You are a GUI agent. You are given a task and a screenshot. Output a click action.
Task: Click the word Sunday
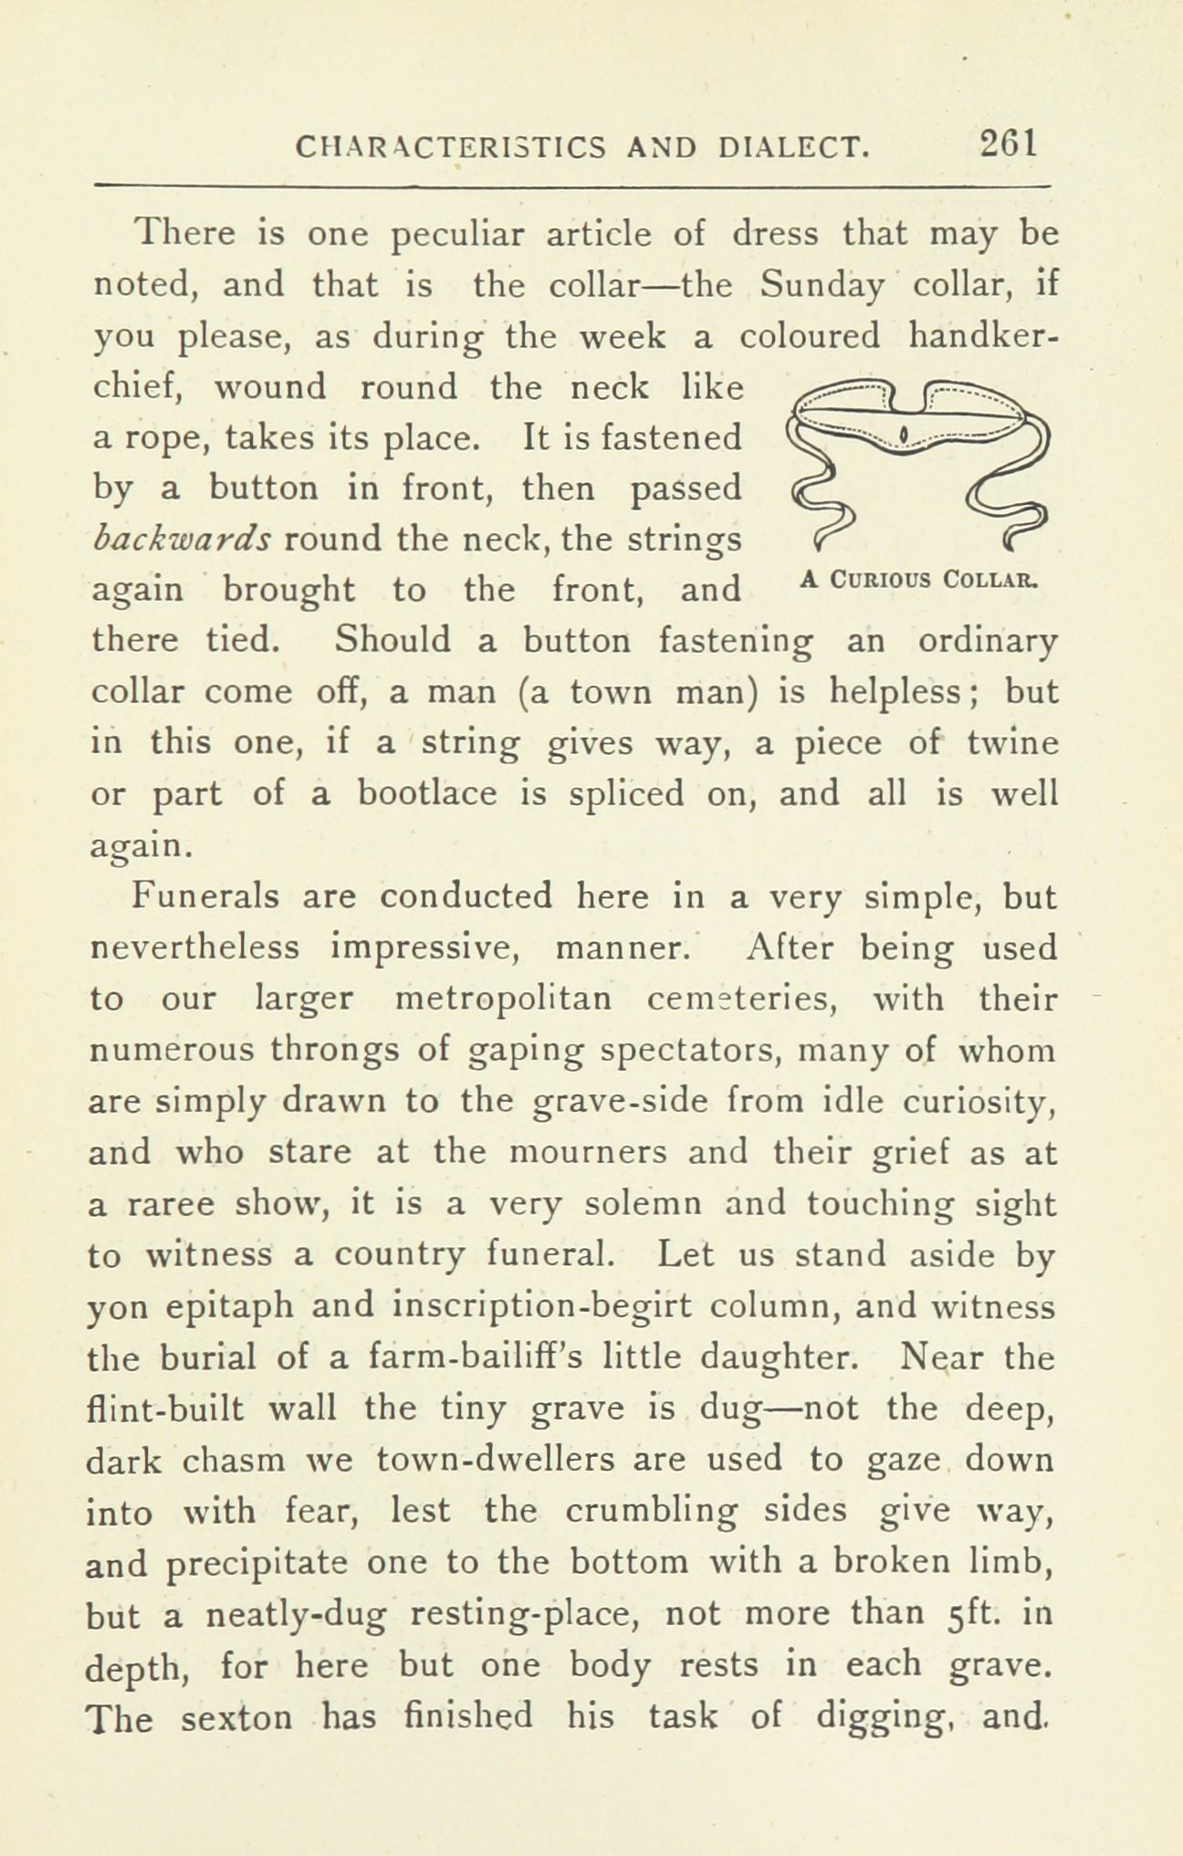point(822,288)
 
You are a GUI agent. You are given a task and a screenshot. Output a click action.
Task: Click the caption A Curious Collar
point(921,579)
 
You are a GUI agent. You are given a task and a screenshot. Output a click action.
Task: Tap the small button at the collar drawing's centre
point(903,433)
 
